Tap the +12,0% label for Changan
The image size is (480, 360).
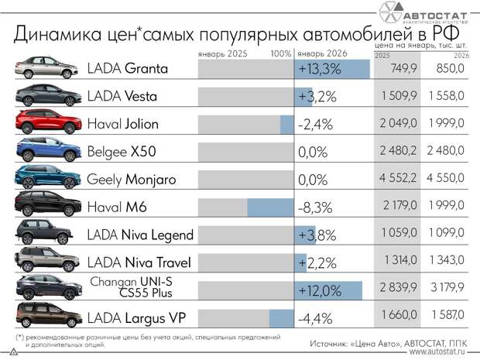tap(320, 291)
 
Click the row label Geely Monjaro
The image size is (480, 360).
tap(132, 180)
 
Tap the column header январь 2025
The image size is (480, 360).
tap(221, 54)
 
